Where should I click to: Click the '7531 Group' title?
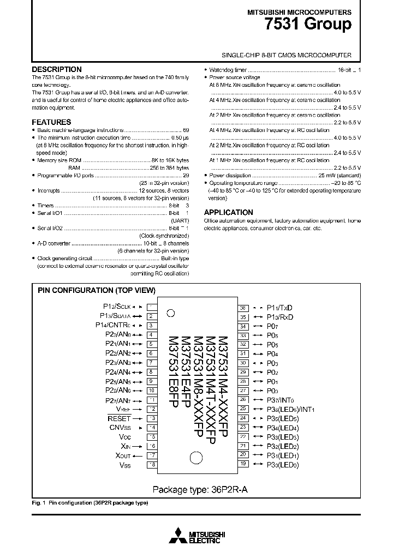click(x=315, y=25)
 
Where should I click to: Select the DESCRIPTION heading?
click(x=57, y=69)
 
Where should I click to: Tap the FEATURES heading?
click(x=51, y=122)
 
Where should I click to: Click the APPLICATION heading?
click(x=228, y=212)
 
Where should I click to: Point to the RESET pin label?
click(x=120, y=418)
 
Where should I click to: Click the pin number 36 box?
click(x=243, y=308)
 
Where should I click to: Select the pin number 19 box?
click(x=243, y=464)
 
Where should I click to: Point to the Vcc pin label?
click(x=124, y=437)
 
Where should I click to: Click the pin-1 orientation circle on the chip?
click(x=170, y=313)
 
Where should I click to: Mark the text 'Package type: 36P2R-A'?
click(x=200, y=489)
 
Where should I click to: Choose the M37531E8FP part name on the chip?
click(x=173, y=371)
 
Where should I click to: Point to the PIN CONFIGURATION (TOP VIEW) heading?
click(x=97, y=290)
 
